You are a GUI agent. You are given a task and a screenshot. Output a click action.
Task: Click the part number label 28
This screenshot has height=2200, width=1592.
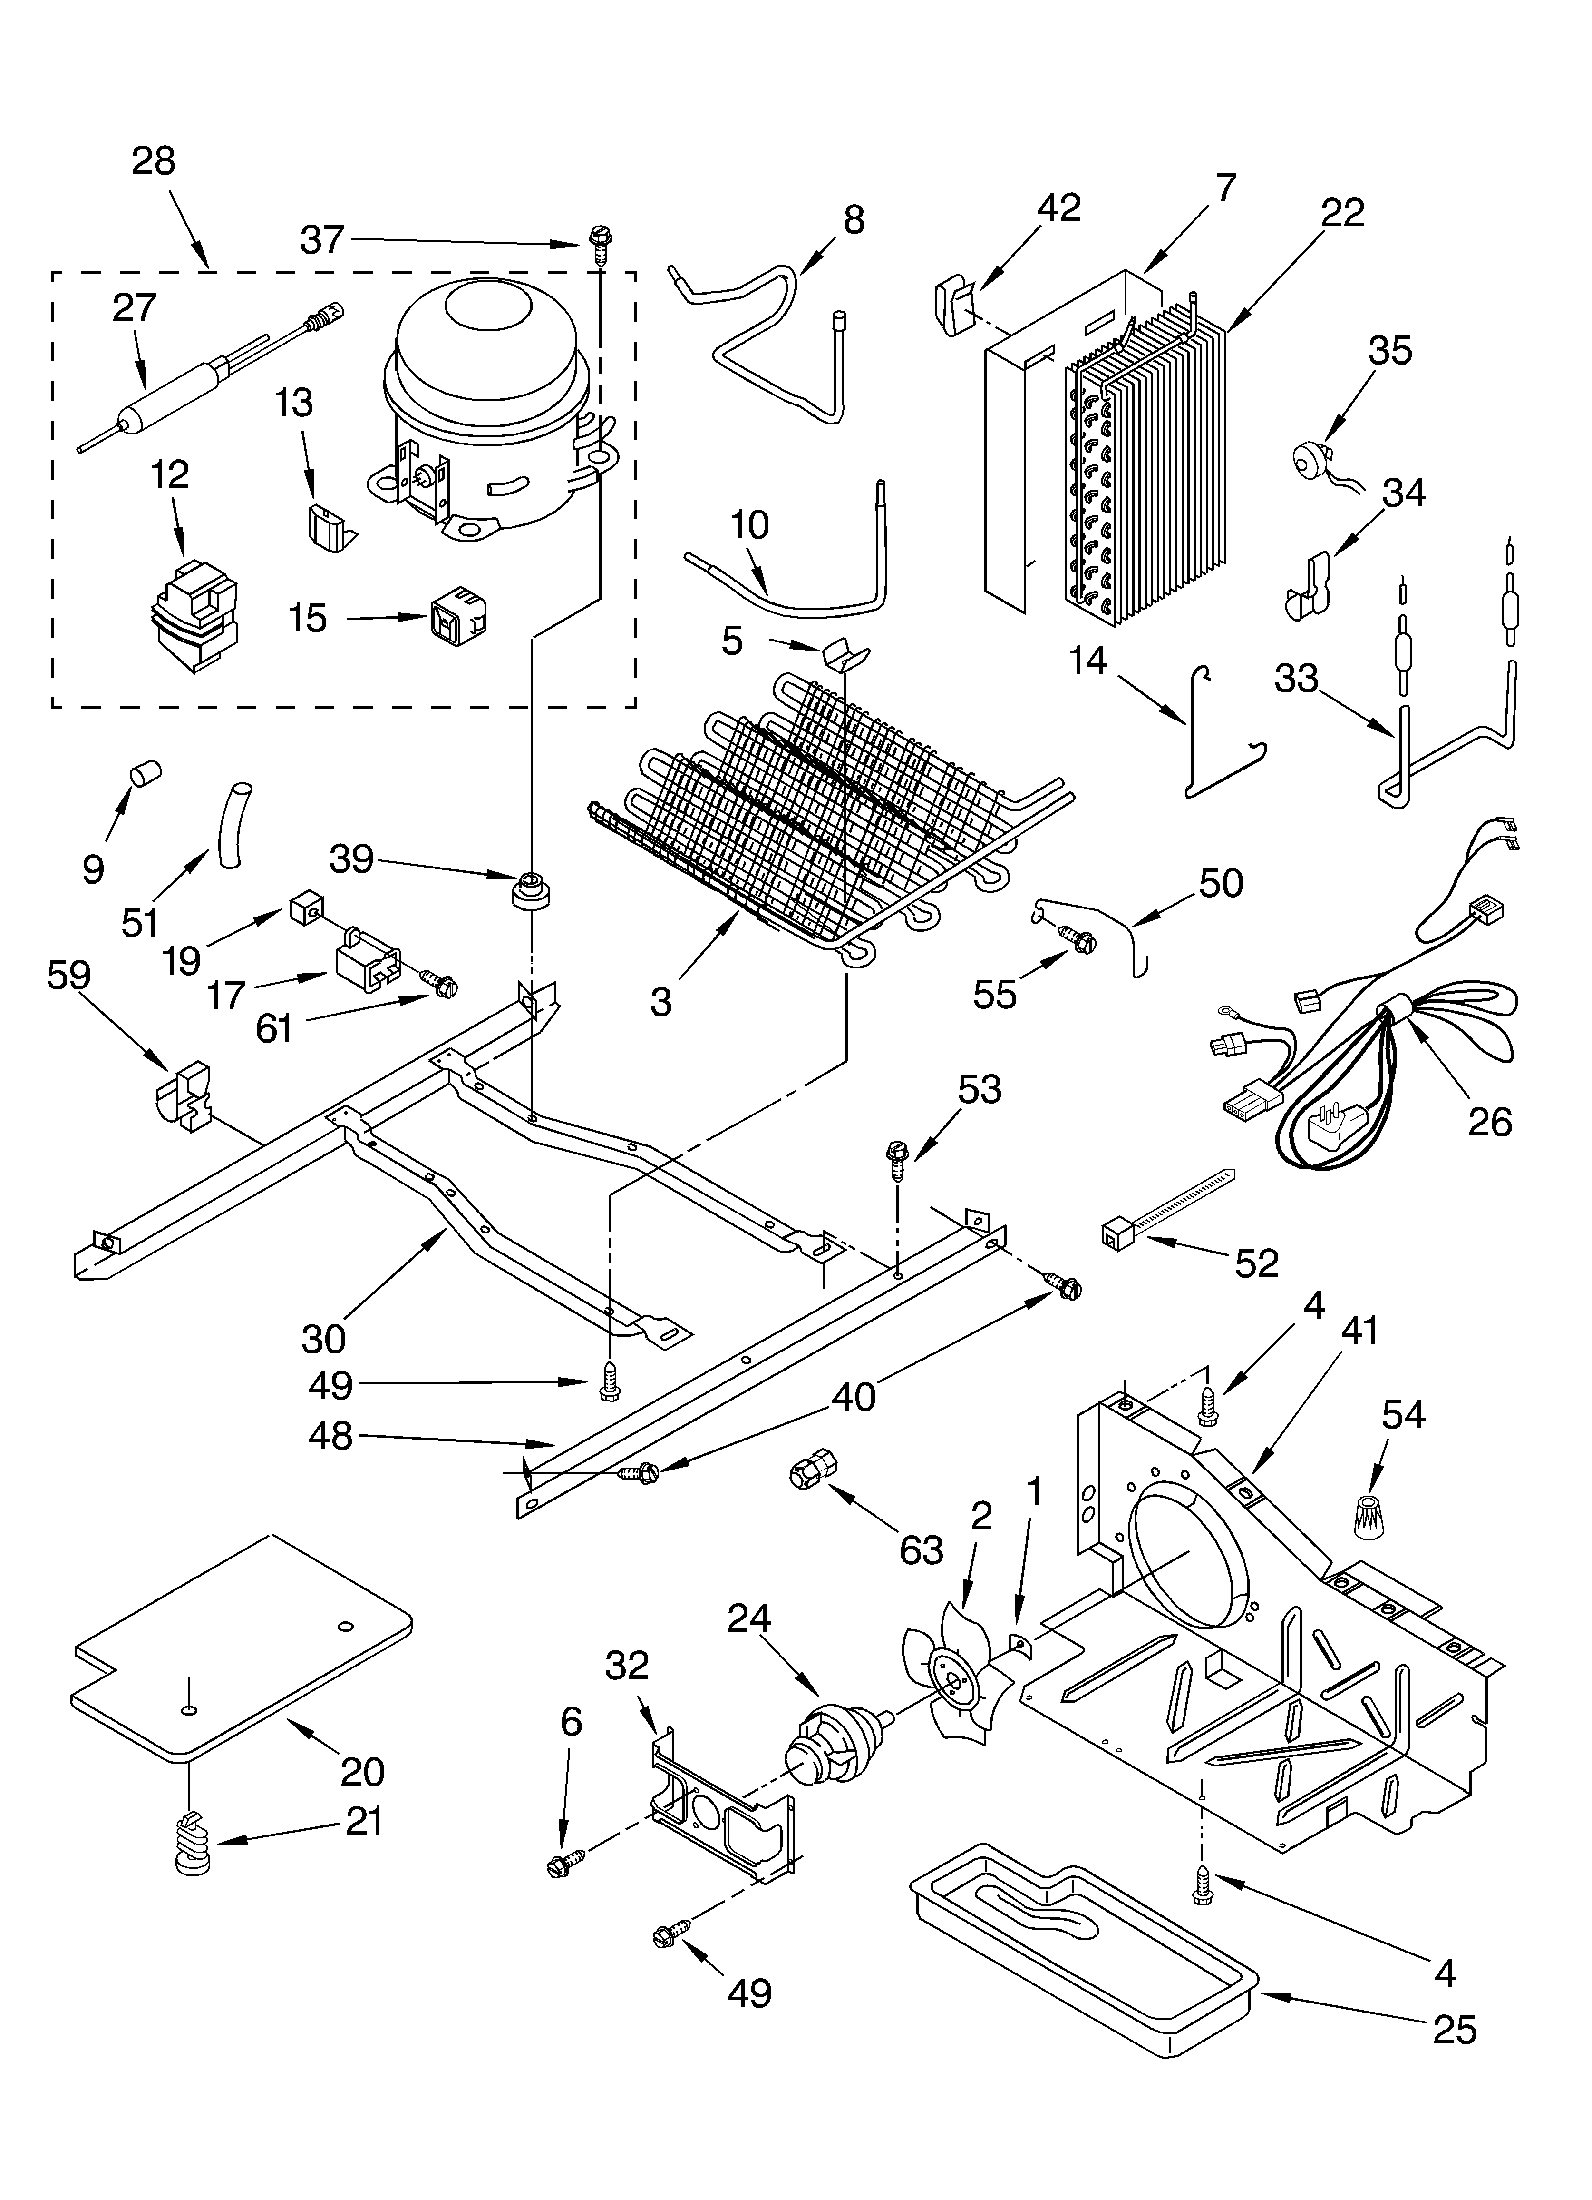[x=153, y=161]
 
